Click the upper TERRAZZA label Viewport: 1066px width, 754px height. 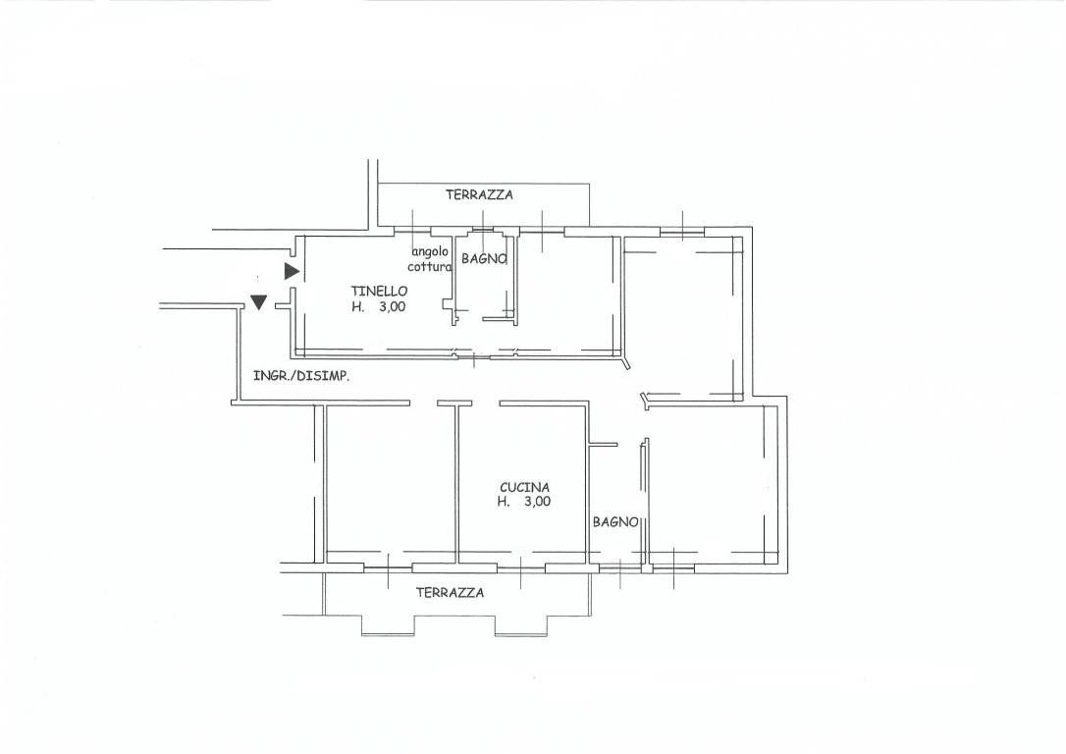pos(479,195)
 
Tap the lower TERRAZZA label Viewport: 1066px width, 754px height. pos(451,593)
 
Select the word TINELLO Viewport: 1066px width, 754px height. pos(379,291)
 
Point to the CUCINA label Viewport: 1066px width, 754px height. pos(525,488)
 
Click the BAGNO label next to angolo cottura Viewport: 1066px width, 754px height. pos(484,259)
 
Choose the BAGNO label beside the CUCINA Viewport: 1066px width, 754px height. pos(615,522)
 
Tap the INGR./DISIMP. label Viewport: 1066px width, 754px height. pos(301,375)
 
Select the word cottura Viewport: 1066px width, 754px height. pos(430,267)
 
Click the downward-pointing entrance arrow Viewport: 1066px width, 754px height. pos(258,301)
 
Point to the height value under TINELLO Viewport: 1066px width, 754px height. pos(393,306)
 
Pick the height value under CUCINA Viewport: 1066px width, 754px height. pos(538,503)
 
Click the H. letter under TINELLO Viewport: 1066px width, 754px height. pos(357,306)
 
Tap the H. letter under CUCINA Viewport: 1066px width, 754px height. pos(504,503)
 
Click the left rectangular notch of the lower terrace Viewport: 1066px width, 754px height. pos(388,625)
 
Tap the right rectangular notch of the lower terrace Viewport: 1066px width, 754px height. pos(521,625)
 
